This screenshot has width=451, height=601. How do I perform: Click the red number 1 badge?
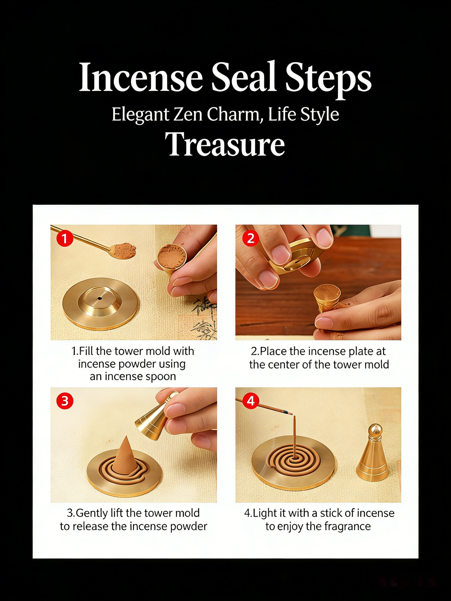65,238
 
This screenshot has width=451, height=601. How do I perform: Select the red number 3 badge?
65,401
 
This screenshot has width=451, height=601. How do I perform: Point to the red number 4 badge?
251,400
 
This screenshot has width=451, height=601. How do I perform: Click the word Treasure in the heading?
225,144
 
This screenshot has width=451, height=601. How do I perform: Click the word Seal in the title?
243,77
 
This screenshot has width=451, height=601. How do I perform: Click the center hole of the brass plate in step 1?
100,298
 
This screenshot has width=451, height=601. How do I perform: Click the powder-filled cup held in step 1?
171,261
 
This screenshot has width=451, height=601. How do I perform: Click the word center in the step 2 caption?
284,365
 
